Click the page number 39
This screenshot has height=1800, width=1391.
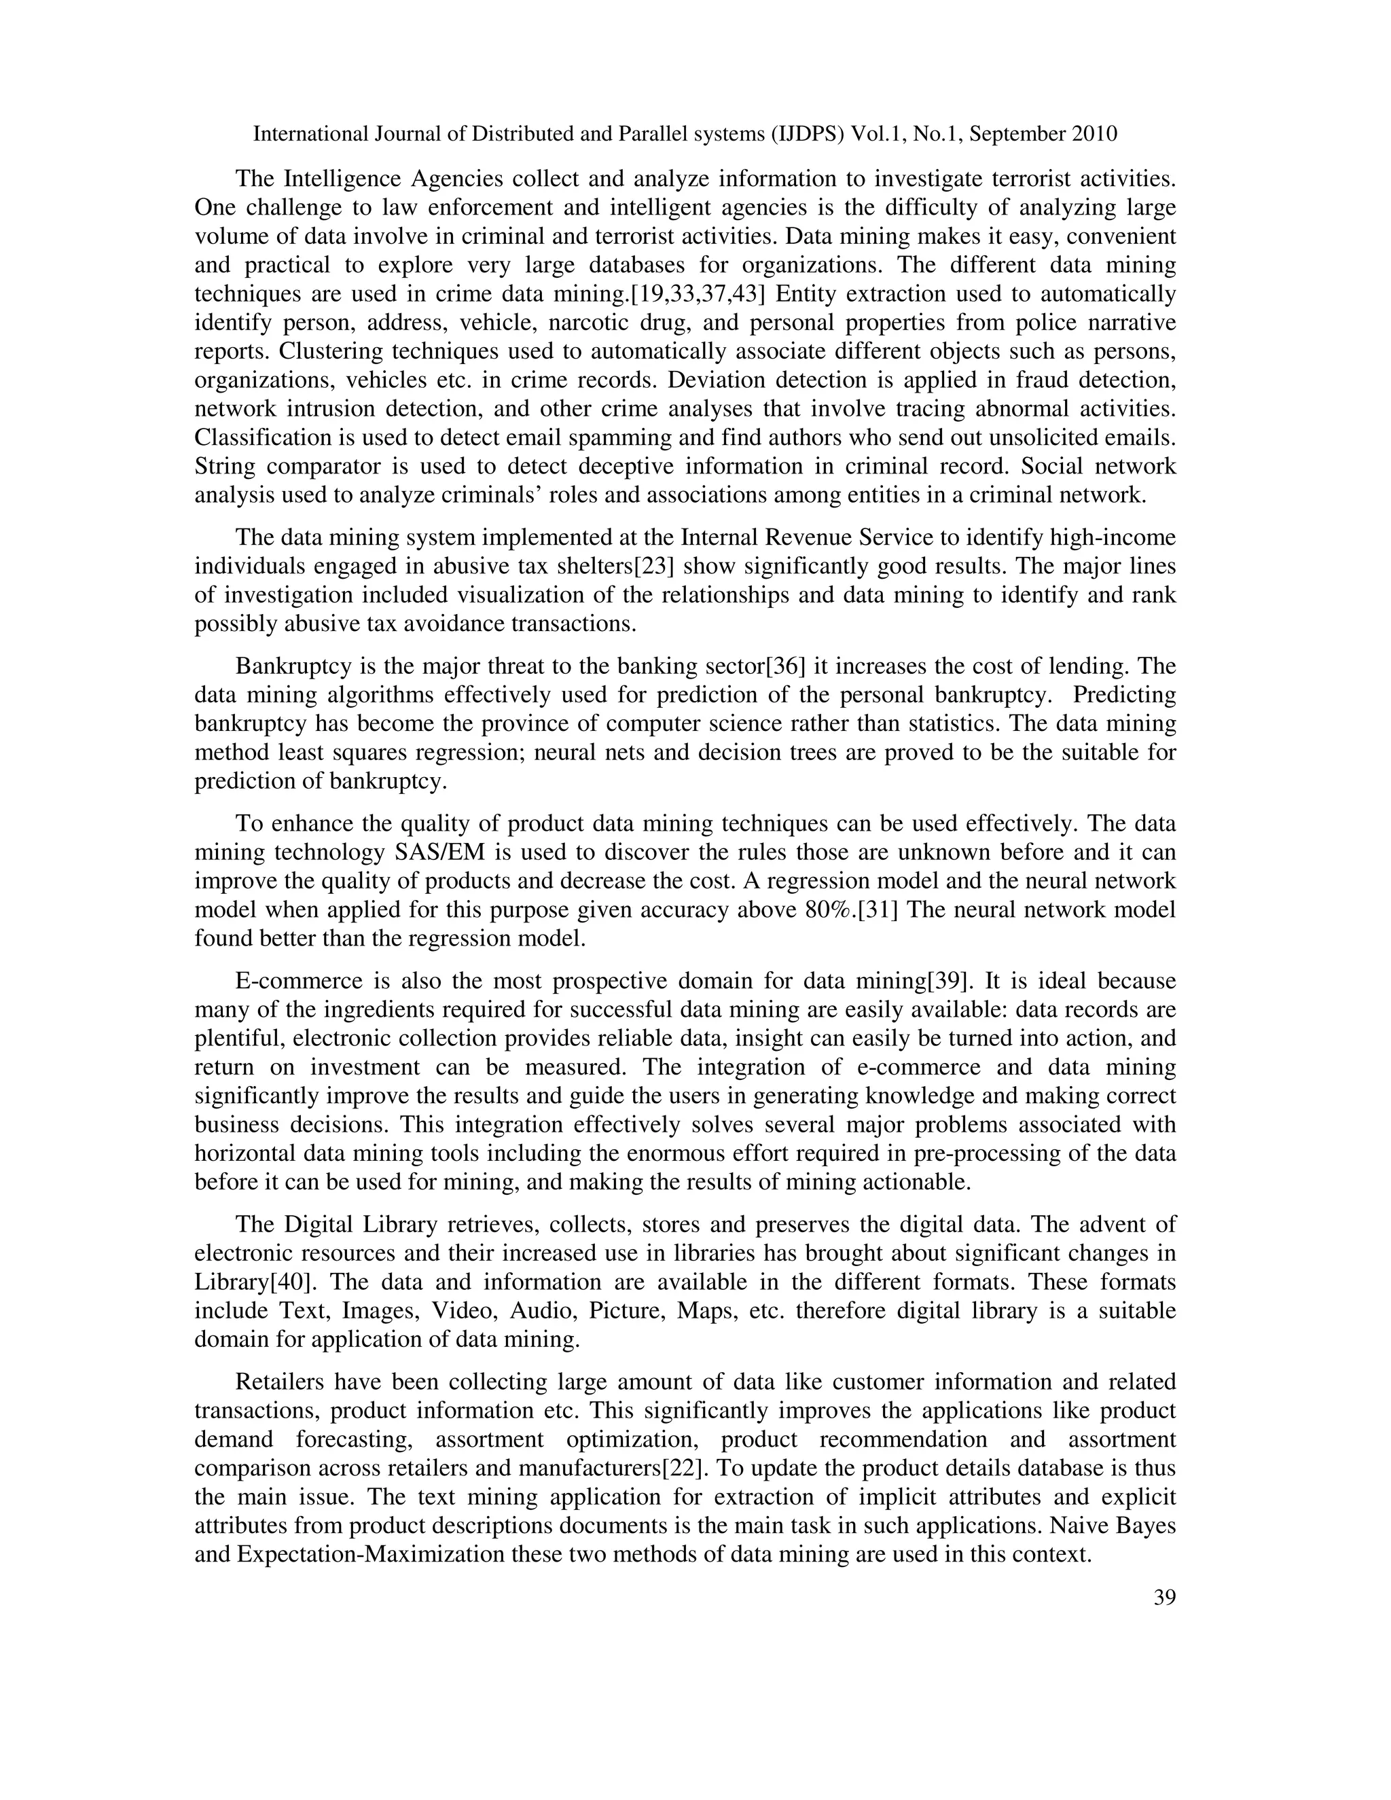(1164, 1598)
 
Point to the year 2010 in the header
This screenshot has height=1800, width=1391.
(1094, 134)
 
